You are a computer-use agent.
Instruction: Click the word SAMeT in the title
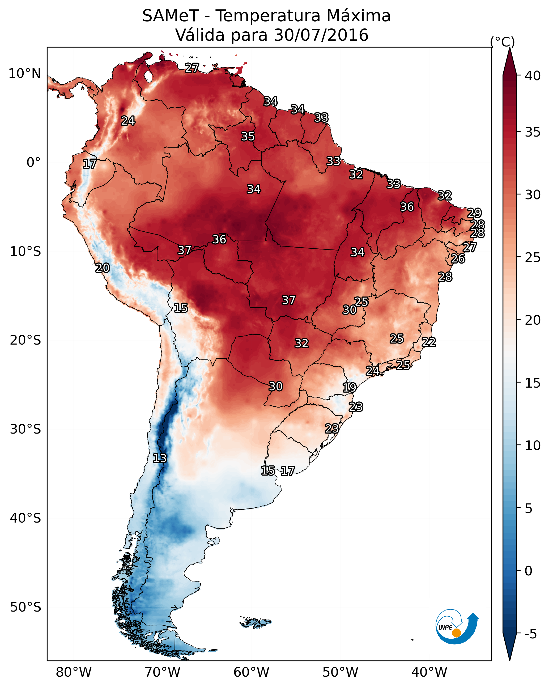(x=171, y=16)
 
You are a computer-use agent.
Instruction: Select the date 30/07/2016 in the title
(x=321, y=35)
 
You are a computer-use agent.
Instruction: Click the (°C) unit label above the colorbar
(x=502, y=42)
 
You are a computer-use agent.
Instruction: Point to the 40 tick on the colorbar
(x=533, y=76)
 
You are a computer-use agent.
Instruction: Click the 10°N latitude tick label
(x=24, y=74)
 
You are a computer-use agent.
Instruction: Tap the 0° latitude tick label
(x=33, y=163)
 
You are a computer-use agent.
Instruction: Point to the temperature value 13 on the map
(x=160, y=458)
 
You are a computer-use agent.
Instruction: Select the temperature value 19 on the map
(x=349, y=388)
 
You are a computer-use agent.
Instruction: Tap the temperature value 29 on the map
(x=474, y=213)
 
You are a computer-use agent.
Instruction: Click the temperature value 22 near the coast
(x=429, y=342)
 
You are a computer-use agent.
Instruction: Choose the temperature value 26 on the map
(x=458, y=259)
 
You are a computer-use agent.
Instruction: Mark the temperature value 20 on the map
(x=103, y=268)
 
